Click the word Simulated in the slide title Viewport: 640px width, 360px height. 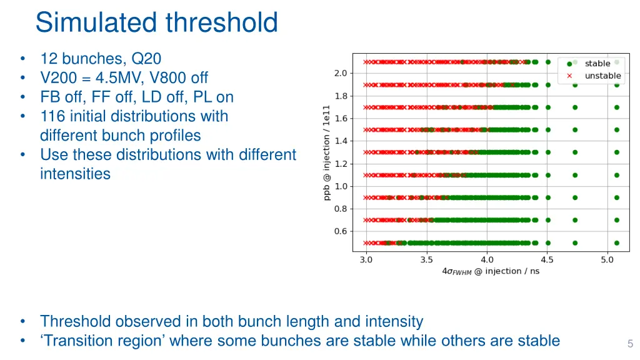(96, 22)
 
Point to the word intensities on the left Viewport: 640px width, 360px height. (75, 174)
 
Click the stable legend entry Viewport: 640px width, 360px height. (597, 63)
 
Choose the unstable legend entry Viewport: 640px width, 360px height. (602, 76)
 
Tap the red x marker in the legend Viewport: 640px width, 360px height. (569, 76)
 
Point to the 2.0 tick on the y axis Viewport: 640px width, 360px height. (341, 74)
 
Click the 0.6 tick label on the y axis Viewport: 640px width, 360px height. (341, 231)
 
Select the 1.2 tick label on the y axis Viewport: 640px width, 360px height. (341, 164)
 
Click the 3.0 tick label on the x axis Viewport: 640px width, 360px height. (366, 260)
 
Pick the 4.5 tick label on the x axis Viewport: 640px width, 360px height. (547, 260)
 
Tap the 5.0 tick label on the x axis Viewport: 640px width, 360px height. (607, 260)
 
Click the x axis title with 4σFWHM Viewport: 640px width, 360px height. (491, 271)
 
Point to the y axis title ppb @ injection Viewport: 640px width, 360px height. (326, 152)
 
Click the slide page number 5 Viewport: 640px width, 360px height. (630, 344)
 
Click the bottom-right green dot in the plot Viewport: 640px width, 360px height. (617, 243)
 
